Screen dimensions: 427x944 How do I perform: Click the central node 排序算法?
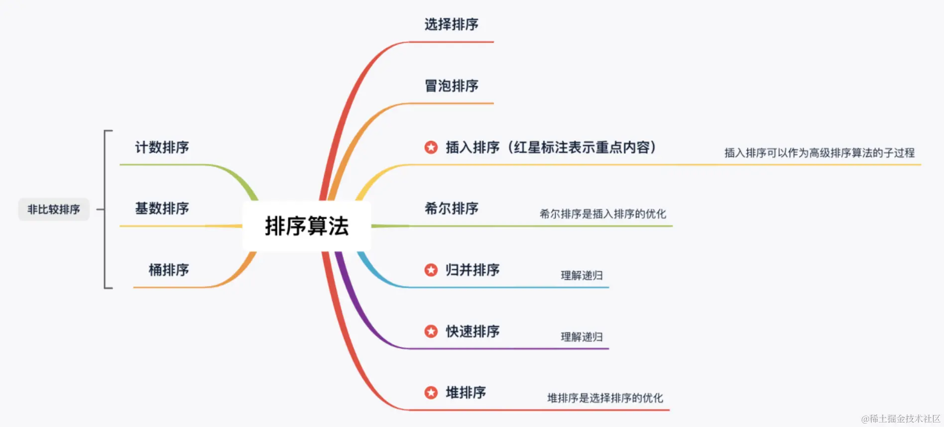point(307,226)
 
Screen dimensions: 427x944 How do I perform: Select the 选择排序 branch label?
point(451,24)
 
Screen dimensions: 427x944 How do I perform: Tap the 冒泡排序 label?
point(451,86)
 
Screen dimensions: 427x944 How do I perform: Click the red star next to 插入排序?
point(431,147)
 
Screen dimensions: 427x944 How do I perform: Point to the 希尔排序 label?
point(451,209)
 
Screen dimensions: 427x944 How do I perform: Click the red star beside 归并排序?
point(431,270)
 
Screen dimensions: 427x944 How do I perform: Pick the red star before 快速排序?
point(431,331)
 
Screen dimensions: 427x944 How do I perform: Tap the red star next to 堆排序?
point(431,393)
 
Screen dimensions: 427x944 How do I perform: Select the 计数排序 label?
point(162,147)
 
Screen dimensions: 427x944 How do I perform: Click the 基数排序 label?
point(162,209)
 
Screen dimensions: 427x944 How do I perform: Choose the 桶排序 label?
point(169,270)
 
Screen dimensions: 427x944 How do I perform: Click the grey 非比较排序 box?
point(54,210)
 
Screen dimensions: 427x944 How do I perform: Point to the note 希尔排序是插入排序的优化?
point(602,214)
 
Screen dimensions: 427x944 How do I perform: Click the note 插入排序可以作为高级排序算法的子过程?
point(819,153)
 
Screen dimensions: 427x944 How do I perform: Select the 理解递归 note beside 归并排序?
point(582,276)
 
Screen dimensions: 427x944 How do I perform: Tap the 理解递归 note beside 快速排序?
point(582,337)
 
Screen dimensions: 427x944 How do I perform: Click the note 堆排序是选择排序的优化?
point(605,398)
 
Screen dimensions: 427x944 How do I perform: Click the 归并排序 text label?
point(472,270)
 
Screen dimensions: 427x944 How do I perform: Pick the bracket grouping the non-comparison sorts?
point(106,210)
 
